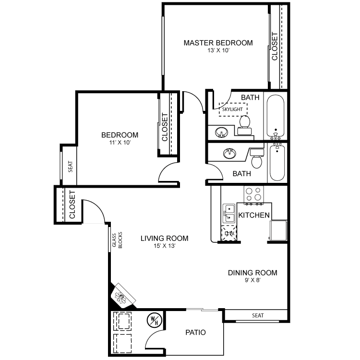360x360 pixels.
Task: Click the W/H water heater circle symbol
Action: pos(155,320)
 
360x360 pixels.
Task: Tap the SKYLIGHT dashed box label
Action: pos(232,109)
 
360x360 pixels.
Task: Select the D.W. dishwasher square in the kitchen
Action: pos(229,233)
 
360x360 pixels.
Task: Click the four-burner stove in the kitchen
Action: pos(254,194)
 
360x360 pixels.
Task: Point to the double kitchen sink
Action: pos(229,213)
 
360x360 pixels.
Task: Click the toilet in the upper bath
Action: pos(245,125)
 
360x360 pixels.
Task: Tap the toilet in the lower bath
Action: pos(257,158)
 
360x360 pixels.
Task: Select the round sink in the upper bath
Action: pos(221,132)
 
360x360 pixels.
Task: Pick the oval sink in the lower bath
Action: pos(229,154)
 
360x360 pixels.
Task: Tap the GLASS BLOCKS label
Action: pos(117,240)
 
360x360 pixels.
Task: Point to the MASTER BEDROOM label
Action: pos(218,43)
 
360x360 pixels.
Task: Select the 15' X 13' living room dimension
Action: pos(165,246)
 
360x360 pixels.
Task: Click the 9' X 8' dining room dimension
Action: pos(252,280)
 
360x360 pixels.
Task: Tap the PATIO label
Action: pos(196,333)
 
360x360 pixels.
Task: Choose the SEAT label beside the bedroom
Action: pos(70,167)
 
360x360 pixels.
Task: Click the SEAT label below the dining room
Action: pos(258,316)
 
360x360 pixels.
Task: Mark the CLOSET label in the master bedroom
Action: pos(275,47)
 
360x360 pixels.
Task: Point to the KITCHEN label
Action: pos(254,215)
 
